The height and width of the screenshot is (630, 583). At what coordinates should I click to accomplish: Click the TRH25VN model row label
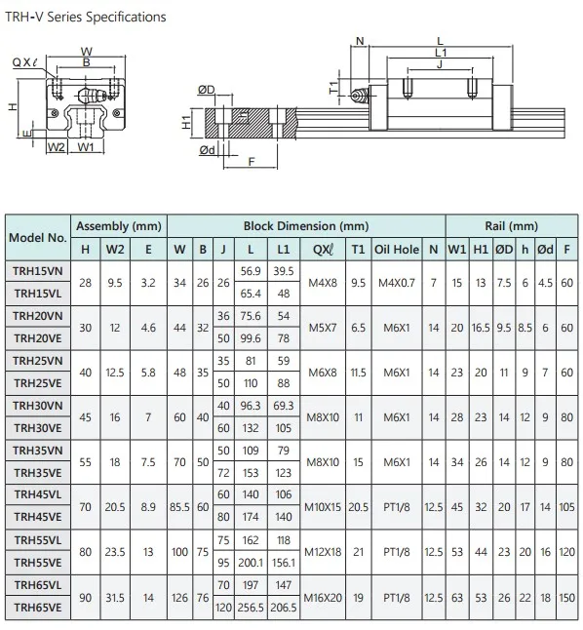click(38, 361)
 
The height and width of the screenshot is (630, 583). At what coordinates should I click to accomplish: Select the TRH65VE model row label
click(38, 608)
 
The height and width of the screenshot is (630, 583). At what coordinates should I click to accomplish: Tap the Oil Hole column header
click(397, 250)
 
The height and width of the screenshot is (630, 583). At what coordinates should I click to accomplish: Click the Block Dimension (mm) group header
click(306, 226)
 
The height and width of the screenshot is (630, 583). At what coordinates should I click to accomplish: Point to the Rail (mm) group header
click(512, 226)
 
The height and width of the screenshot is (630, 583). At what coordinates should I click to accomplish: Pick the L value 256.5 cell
click(251, 608)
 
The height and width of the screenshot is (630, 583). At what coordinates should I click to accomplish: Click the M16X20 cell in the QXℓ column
click(323, 598)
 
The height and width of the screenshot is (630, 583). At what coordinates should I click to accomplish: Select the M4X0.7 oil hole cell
click(397, 283)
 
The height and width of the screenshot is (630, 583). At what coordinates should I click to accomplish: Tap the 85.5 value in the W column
click(179, 507)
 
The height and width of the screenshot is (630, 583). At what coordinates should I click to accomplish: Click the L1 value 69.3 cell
click(284, 406)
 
